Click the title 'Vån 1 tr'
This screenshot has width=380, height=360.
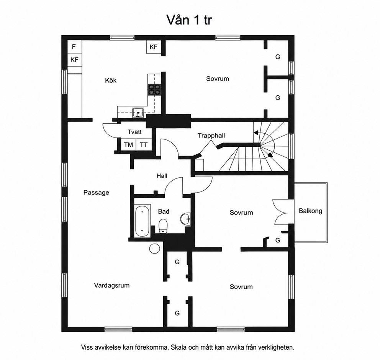tap(189, 20)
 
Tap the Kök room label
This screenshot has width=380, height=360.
tap(111, 80)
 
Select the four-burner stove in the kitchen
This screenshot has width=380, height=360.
tap(154, 89)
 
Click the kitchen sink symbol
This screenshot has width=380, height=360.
tap(138, 113)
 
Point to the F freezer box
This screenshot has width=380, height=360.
tap(74, 46)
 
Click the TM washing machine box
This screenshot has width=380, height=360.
tap(128, 145)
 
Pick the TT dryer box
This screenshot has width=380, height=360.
tap(144, 145)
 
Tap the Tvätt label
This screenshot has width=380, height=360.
tap(134, 132)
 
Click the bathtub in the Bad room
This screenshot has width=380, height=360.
tap(142, 221)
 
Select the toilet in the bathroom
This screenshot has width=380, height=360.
tap(163, 226)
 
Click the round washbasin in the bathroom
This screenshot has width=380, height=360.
tap(185, 219)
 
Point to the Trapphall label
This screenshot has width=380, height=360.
tap(211, 136)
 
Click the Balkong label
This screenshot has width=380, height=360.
tap(310, 211)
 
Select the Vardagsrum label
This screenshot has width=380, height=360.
tap(112, 285)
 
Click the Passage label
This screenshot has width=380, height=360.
tap(96, 193)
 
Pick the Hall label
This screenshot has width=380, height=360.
tap(162, 176)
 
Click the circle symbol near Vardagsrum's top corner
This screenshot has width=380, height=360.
tap(154, 249)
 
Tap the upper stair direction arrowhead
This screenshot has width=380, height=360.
tap(256, 133)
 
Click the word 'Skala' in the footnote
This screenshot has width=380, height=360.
tap(179, 347)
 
